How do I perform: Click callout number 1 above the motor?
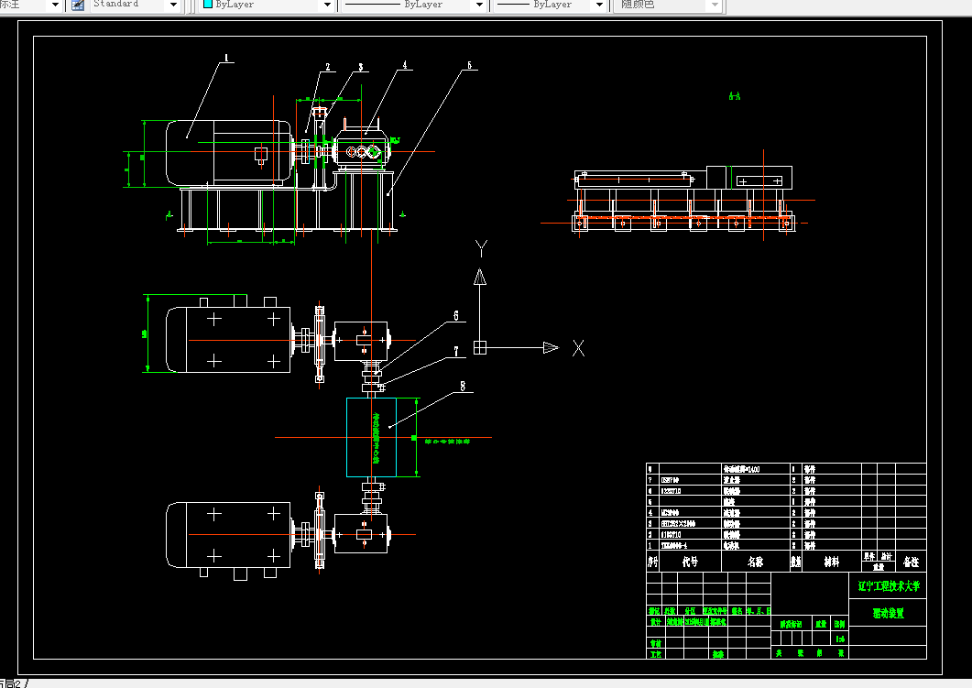[225, 58]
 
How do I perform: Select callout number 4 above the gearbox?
[405, 66]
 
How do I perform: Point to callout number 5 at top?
[468, 65]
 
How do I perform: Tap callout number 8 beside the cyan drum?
[464, 387]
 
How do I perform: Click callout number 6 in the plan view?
[455, 315]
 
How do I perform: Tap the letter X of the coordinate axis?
[578, 347]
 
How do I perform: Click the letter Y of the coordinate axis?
[480, 247]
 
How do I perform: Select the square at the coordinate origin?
[479, 347]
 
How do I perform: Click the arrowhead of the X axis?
[550, 347]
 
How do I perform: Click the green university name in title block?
[887, 584]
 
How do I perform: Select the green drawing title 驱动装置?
[887, 614]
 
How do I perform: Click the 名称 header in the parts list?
[755, 562]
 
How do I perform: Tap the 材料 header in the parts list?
[830, 562]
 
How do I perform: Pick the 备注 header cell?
[911, 561]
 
